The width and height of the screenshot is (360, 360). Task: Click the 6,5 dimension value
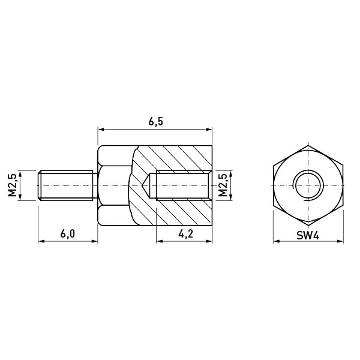click(x=155, y=122)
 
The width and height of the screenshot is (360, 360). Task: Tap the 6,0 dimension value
click(x=67, y=234)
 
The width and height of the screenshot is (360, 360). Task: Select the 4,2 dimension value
click(x=185, y=234)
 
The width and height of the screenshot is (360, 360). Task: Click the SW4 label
click(x=308, y=235)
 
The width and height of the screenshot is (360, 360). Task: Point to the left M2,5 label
click(x=12, y=185)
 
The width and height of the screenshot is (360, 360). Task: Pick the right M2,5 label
click(x=223, y=185)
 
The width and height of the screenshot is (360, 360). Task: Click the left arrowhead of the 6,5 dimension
click(x=101, y=130)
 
